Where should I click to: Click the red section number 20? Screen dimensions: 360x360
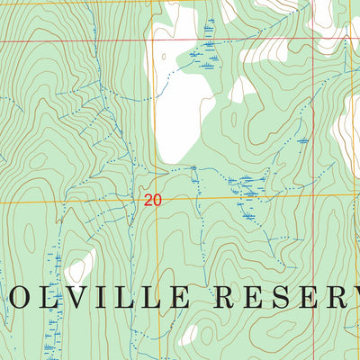[x=152, y=201]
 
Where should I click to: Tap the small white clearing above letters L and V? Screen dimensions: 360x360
[x=81, y=267]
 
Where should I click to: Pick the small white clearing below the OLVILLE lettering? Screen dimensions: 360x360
[x=188, y=335]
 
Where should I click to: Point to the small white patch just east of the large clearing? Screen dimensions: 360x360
[x=240, y=90]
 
